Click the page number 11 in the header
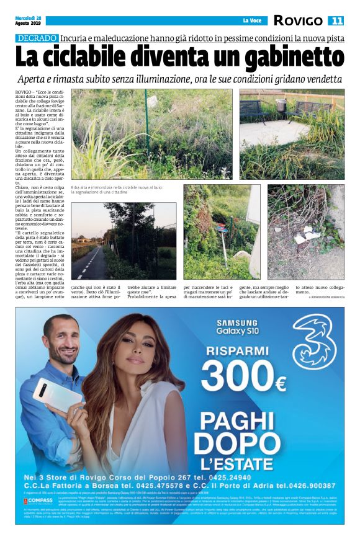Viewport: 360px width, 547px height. [x=336, y=21]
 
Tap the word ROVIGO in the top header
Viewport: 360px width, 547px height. [x=298, y=20]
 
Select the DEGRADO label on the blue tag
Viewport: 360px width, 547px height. [x=37, y=38]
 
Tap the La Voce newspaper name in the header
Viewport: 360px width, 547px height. [x=252, y=21]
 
